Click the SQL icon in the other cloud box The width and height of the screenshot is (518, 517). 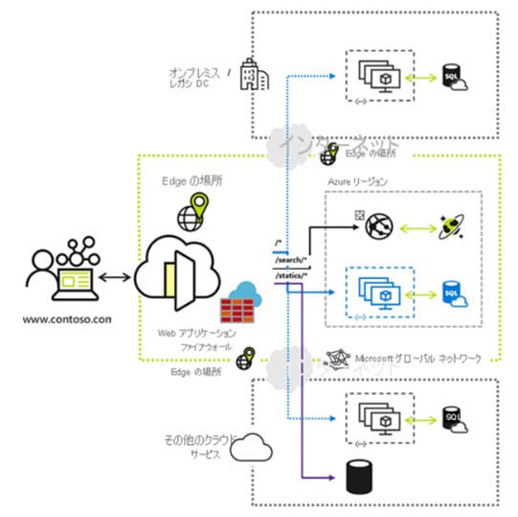pyautogui.click(x=451, y=417)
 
